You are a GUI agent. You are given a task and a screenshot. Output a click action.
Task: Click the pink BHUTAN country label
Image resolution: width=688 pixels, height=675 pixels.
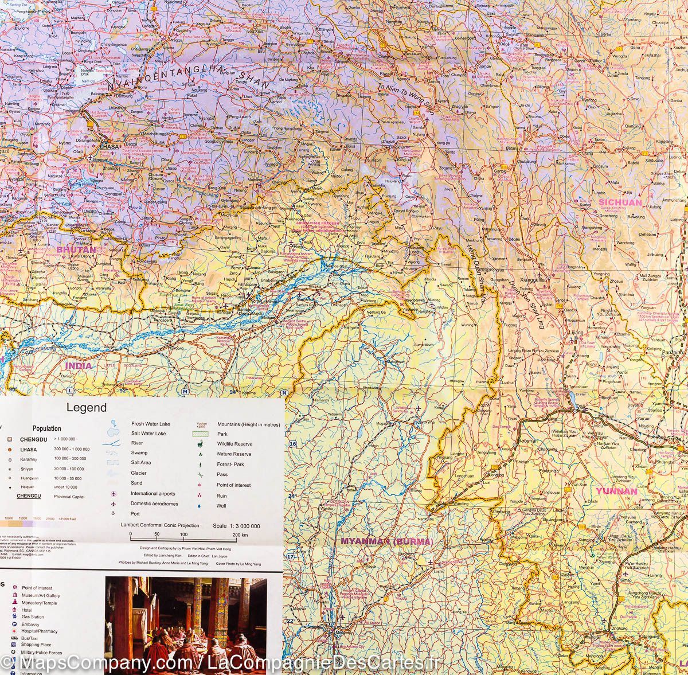tap(76, 250)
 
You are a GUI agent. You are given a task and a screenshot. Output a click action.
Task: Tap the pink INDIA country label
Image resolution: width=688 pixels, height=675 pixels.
tap(78, 365)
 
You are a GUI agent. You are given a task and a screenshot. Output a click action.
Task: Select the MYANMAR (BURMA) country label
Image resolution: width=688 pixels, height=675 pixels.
tap(386, 541)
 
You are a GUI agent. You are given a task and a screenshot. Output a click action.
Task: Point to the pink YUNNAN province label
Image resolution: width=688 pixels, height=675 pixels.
tap(616, 491)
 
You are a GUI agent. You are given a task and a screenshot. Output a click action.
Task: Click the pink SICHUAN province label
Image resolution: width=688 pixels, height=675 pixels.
tap(620, 202)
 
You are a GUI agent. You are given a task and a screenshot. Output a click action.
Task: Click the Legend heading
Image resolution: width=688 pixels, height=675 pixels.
tap(87, 408)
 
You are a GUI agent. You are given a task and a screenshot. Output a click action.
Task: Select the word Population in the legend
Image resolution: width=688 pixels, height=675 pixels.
tap(47, 428)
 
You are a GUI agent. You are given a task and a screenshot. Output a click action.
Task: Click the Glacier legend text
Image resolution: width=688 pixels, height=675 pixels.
tap(138, 473)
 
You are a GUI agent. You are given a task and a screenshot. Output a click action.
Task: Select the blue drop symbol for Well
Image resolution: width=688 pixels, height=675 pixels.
tap(200, 506)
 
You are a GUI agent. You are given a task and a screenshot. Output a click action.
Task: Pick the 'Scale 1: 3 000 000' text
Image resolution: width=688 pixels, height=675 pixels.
tap(236, 525)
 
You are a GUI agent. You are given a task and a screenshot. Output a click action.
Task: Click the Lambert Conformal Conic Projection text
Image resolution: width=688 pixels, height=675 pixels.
tap(160, 525)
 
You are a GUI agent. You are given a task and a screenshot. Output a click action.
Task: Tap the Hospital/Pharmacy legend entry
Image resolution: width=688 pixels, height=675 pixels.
tap(40, 631)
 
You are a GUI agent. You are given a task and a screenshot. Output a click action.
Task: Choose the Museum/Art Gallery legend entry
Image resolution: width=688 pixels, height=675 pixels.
tap(41, 595)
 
